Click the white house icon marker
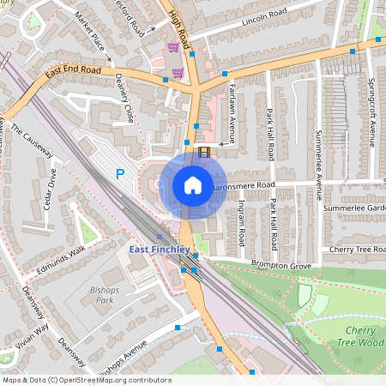pyautogui.click(x=192, y=184)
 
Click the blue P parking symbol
pyautogui.click(x=120, y=174)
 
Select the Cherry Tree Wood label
pyautogui.click(x=364, y=336)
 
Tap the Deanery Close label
pyautogui.click(x=124, y=98)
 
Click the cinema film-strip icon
pyautogui.click(x=203, y=152)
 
